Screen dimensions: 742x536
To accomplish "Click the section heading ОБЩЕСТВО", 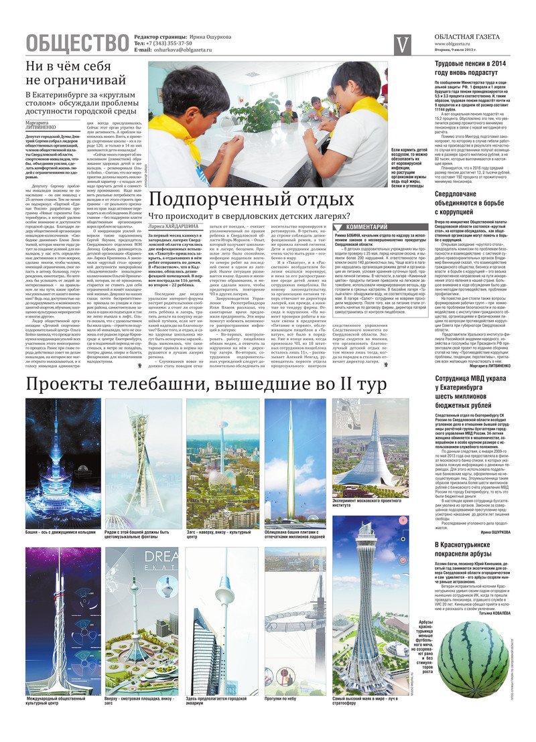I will [77, 44].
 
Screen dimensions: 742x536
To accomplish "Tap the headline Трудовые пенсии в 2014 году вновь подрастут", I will [472, 68].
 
